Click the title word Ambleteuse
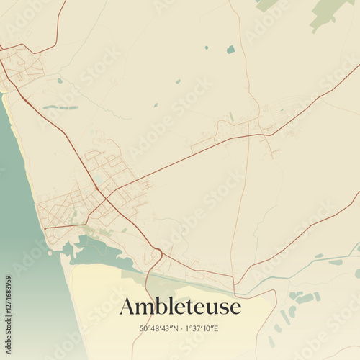[x=180, y=306]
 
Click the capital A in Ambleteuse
[x=128, y=306]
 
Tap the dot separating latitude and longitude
[x=182, y=328]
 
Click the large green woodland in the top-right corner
[x=328, y=12]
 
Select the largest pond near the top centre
[x=230, y=50]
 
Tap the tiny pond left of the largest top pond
[x=205, y=48]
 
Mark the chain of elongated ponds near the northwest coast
[x=60, y=107]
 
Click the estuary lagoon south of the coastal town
[x=97, y=252]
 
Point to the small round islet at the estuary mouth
[x=50, y=252]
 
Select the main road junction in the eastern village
[x=269, y=134]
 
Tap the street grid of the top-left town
[x=22, y=68]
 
